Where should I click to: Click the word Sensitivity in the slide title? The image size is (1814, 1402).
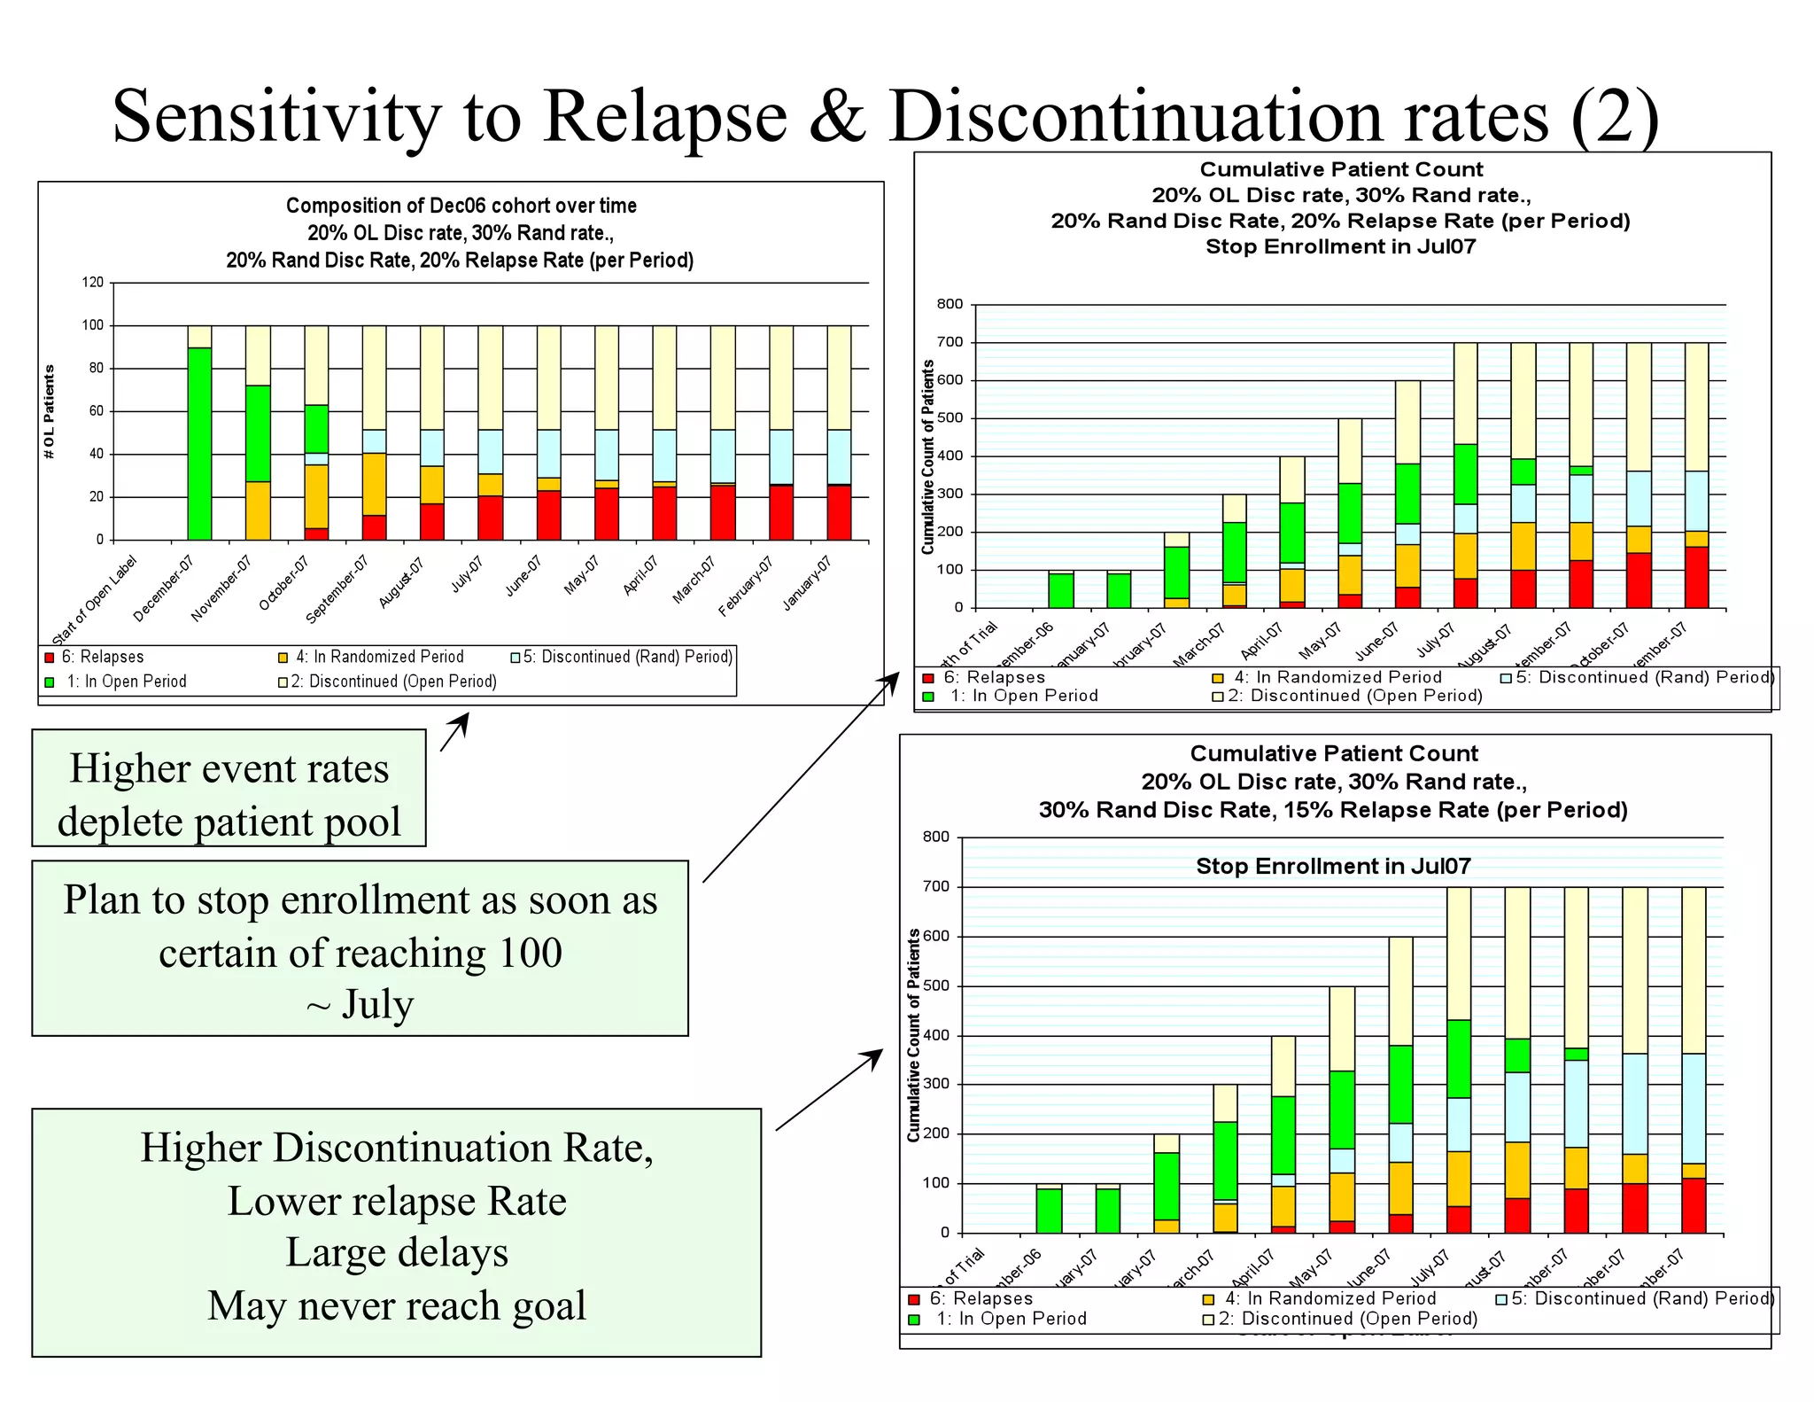pos(275,117)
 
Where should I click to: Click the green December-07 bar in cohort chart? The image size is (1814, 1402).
pos(199,443)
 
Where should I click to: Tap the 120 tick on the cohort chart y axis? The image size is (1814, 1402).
pos(93,283)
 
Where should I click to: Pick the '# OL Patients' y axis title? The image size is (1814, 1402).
pos(50,411)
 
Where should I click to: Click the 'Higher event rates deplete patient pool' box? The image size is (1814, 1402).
pos(229,789)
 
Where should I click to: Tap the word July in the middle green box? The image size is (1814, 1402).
pos(377,1004)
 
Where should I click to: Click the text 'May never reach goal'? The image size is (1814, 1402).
pos(397,1305)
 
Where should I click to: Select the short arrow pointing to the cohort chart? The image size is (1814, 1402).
pos(453,733)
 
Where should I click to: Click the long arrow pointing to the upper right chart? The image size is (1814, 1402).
pos(797,780)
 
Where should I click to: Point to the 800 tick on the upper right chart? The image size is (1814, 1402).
pos(950,304)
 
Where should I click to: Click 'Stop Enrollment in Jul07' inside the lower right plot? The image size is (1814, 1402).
pos(1333,866)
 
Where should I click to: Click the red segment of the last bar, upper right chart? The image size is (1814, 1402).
pos(1695,577)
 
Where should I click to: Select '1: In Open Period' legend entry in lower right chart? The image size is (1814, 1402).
pos(1011,1319)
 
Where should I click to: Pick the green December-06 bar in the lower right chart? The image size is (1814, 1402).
pos(1049,1211)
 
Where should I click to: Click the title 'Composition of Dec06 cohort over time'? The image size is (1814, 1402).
pos(461,206)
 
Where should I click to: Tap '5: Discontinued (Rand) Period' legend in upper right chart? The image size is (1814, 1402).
pos(1644,677)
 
